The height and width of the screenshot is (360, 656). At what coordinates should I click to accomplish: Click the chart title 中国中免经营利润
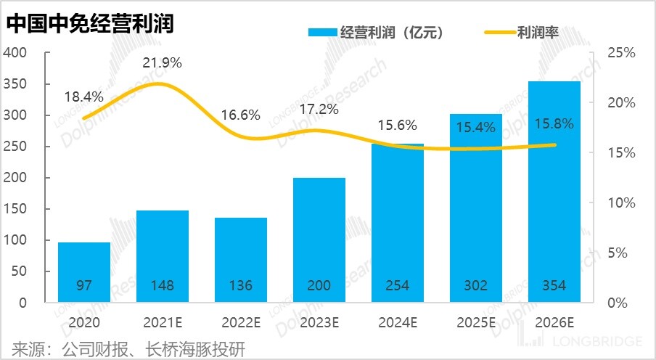click(91, 24)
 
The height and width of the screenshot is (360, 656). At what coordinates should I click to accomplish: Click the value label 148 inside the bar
click(163, 286)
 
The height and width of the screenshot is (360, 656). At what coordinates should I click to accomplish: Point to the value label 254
click(398, 286)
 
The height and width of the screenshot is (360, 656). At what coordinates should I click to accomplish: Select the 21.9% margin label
click(162, 62)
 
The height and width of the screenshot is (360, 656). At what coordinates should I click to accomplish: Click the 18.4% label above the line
click(84, 97)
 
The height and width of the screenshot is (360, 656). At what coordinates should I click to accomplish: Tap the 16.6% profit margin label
click(240, 115)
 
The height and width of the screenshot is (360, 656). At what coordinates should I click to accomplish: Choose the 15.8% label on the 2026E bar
click(554, 124)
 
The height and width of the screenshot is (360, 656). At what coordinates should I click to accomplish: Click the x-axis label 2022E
click(241, 321)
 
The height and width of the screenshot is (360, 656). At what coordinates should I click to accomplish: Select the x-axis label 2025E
click(476, 321)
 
